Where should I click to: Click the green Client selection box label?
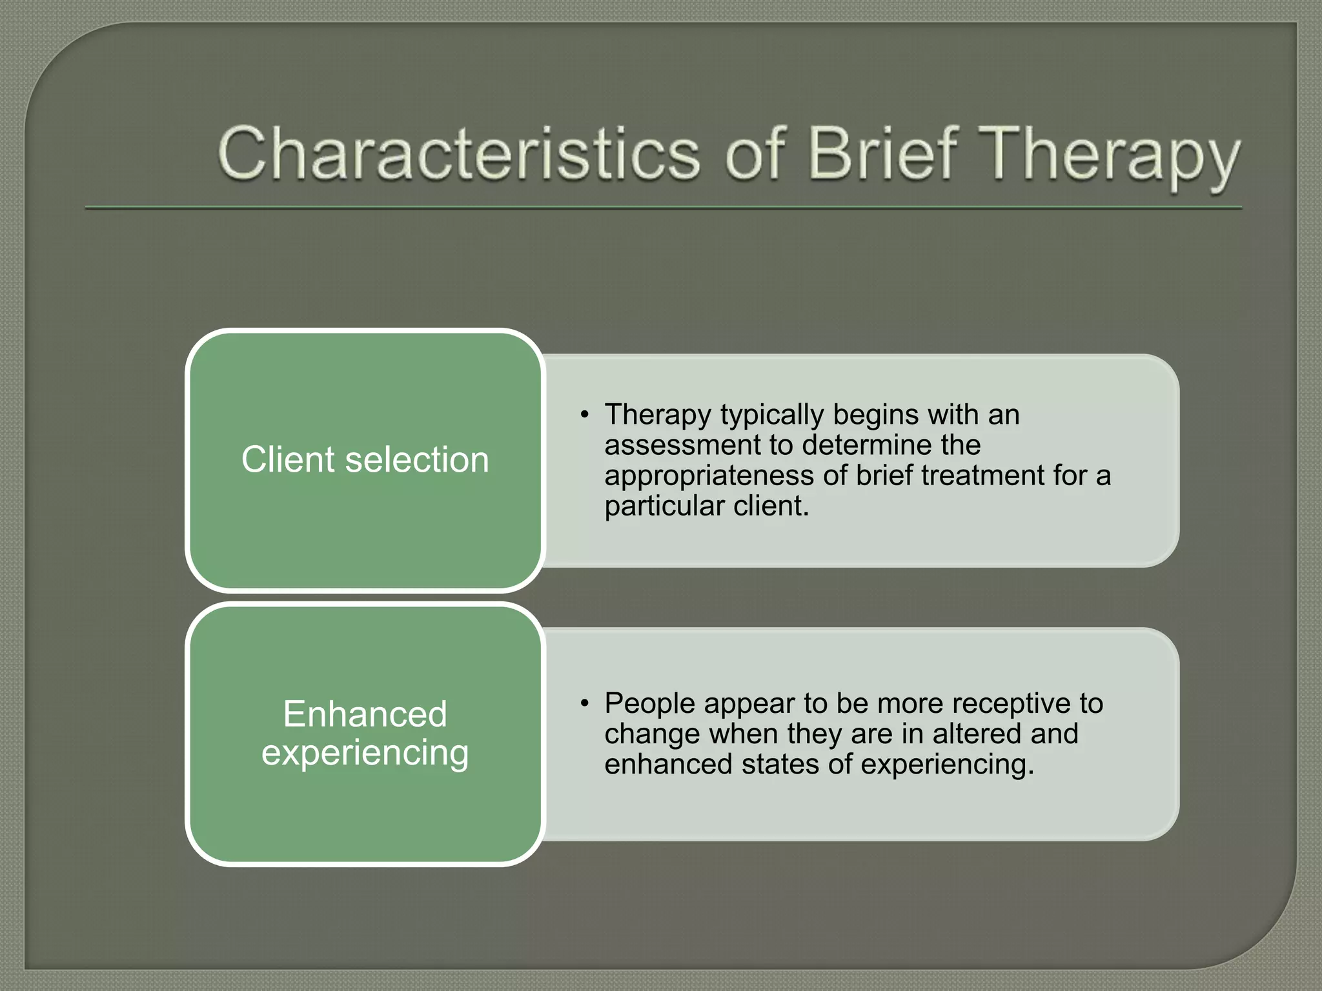365,459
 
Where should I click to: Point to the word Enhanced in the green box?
365,714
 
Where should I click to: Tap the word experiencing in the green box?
365,753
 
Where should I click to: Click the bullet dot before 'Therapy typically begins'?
584,414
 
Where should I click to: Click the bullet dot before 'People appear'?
584,703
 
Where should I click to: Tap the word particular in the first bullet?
663,506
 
